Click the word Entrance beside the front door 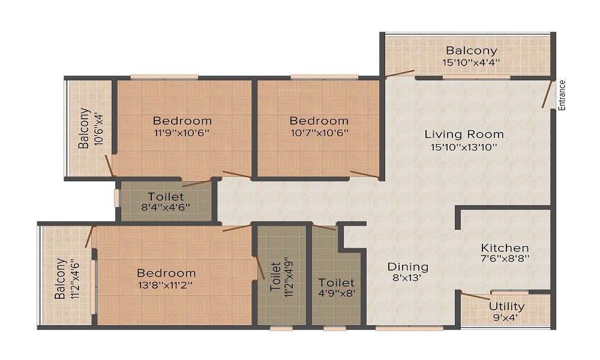pos(562,95)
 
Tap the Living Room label pos(464,134)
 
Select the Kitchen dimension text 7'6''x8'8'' pos(505,259)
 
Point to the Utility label pos(506,306)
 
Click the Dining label pos(407,266)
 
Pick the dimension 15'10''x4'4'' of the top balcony pos(471,62)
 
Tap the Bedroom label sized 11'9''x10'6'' pos(182,121)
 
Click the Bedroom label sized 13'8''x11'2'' pos(166,273)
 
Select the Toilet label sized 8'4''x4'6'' pos(166,197)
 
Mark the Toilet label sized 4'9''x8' pos(336,282)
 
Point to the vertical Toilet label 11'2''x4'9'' pos(276,277)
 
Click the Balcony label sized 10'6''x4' pos(84,128)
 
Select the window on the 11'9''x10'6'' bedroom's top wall pos(164,77)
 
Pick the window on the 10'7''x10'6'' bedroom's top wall pos(316,77)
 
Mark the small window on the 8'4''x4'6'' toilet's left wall pos(117,198)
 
